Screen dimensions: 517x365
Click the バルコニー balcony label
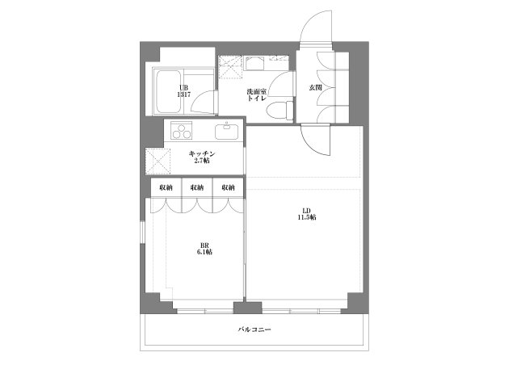pyautogui.click(x=254, y=329)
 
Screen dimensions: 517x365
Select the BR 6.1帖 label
pyautogui.click(x=204, y=249)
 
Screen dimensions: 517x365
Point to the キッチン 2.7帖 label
pyautogui.click(x=202, y=157)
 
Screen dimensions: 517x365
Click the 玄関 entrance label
pyautogui.click(x=315, y=88)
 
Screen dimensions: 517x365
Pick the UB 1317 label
pyautogui.click(x=183, y=91)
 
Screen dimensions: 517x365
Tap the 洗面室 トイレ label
pyautogui.click(x=257, y=94)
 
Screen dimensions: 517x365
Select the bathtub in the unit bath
pyautogui.click(x=168, y=91)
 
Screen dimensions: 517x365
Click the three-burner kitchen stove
pyautogui.click(x=181, y=130)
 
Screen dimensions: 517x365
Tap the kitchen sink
pyautogui.click(x=227, y=132)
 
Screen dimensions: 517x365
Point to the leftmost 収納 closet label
pyautogui.click(x=166, y=187)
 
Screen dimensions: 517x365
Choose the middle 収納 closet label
pyautogui.click(x=197, y=187)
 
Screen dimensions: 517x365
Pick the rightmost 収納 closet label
pyautogui.click(x=228, y=187)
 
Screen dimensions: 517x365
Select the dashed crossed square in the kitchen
pyautogui.click(x=158, y=162)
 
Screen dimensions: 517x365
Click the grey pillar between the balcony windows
pyautogui.click(x=248, y=308)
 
